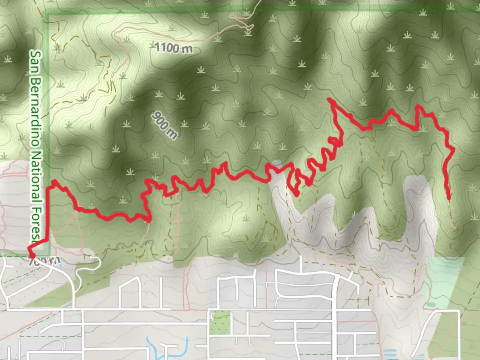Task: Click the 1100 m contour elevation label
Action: pyautogui.click(x=174, y=48)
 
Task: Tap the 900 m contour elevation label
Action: pyautogui.click(x=165, y=125)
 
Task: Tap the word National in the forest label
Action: pyautogui.click(x=35, y=180)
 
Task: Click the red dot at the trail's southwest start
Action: pyautogui.click(x=32, y=256)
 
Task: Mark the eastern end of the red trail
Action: pyautogui.click(x=449, y=198)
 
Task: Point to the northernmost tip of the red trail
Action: pyautogui.click(x=329, y=99)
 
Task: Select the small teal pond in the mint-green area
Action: pyautogui.click(x=431, y=305)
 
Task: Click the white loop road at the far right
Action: pyautogui.click(x=440, y=330)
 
